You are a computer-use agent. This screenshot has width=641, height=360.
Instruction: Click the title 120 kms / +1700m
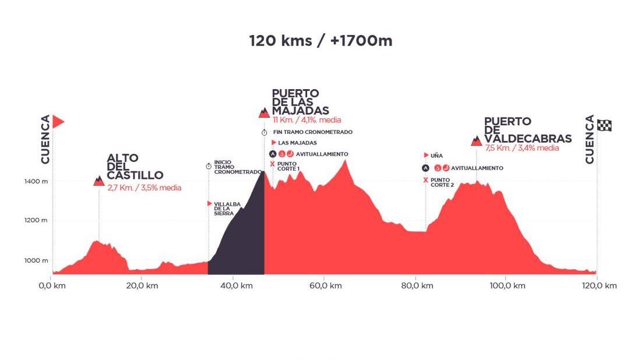320,41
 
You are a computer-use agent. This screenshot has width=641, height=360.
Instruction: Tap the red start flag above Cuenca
58,122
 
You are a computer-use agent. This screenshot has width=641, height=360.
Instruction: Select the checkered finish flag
604,125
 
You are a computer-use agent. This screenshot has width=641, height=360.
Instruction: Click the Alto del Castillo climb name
135,166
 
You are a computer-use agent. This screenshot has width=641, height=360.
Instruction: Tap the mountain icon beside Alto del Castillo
98,181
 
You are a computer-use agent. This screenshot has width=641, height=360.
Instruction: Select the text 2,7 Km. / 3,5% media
144,188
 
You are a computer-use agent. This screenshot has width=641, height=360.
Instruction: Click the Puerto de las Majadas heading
301,102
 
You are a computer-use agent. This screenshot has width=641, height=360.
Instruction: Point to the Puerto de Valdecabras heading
527,130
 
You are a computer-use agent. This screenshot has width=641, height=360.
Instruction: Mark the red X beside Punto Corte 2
425,180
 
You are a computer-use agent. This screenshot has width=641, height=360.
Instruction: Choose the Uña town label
436,156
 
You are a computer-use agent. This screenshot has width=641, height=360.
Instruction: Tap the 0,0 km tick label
52,285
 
